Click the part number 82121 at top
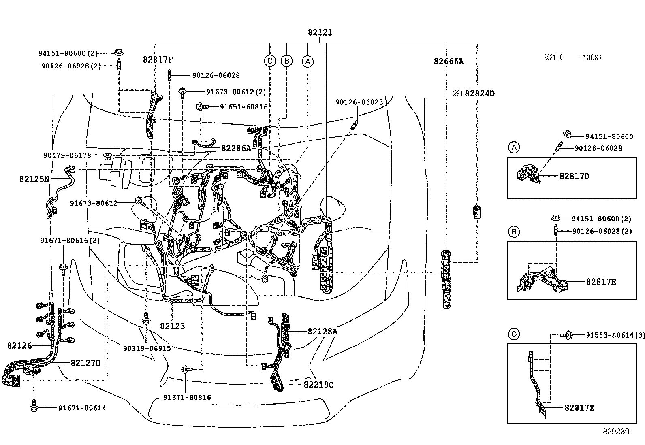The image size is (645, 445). click(x=320, y=32)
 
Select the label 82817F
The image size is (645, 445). click(x=158, y=60)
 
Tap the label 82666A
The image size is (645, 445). click(x=448, y=62)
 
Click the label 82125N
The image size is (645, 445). click(x=34, y=179)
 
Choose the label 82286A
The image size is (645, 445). click(x=236, y=148)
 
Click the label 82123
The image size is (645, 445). click(x=172, y=326)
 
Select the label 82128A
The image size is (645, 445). click(x=322, y=332)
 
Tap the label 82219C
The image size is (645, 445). click(x=318, y=384)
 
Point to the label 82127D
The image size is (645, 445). click(x=85, y=363)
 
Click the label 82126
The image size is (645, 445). click(x=19, y=345)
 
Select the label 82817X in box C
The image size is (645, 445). click(x=579, y=408)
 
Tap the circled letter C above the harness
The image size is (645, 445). click(x=269, y=61)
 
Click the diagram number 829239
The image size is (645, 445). click(x=615, y=432)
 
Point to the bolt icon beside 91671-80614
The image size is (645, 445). click(x=34, y=408)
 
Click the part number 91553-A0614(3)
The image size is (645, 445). click(x=615, y=335)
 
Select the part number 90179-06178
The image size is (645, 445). click(x=67, y=155)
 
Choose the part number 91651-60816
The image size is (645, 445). click(x=243, y=107)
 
